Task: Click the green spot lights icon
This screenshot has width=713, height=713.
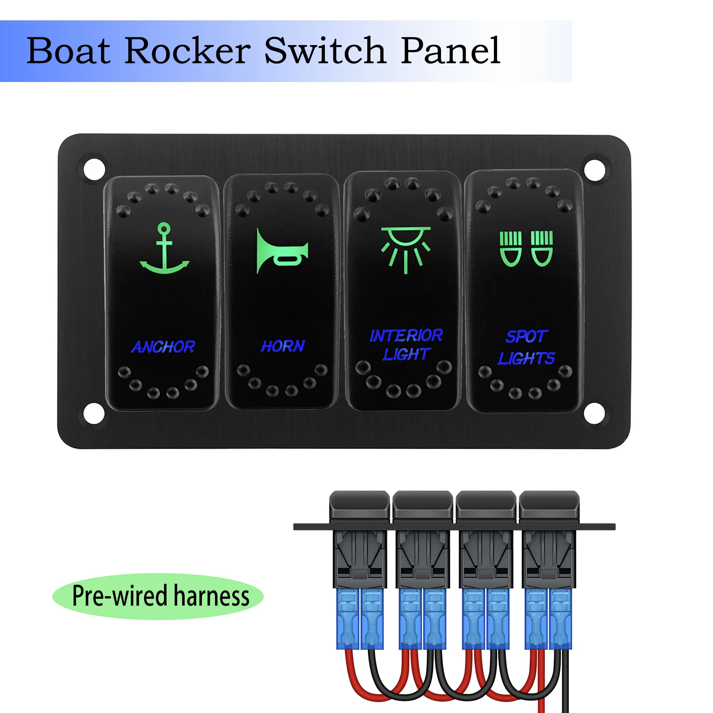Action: coord(526,249)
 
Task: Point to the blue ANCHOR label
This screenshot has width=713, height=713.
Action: coord(163,347)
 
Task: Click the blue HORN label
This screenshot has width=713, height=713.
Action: coord(283,346)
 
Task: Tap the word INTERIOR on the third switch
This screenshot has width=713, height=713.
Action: coord(406,336)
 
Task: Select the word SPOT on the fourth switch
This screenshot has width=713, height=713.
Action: coord(526,336)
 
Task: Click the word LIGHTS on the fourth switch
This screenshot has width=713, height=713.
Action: coord(526,358)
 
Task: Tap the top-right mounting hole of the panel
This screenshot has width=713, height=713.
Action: coord(595,169)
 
